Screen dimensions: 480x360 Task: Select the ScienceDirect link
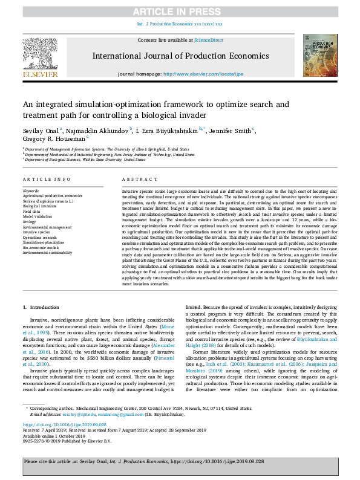point(208,40)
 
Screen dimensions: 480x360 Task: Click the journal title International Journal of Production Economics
point(180,56)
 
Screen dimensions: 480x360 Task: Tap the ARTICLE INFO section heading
point(46,180)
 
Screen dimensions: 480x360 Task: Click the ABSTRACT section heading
point(136,180)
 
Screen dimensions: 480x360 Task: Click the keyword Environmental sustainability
point(48,252)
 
